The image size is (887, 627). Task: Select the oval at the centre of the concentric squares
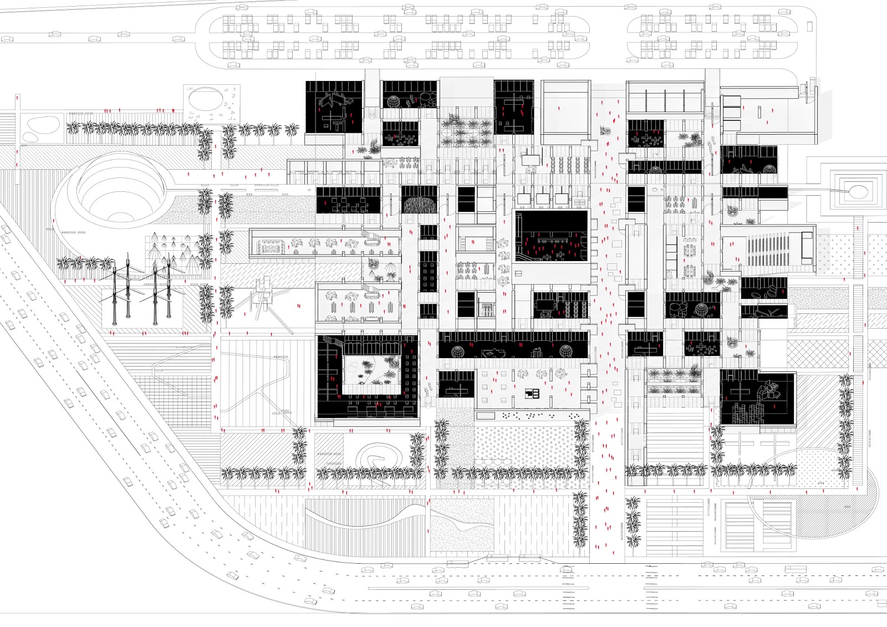(858, 192)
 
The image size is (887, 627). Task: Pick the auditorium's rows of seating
(772, 251)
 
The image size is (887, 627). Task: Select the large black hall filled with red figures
(550, 236)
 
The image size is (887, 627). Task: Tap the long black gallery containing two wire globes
(513, 345)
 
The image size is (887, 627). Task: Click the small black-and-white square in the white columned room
(533, 394)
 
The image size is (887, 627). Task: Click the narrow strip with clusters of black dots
(532, 415)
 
